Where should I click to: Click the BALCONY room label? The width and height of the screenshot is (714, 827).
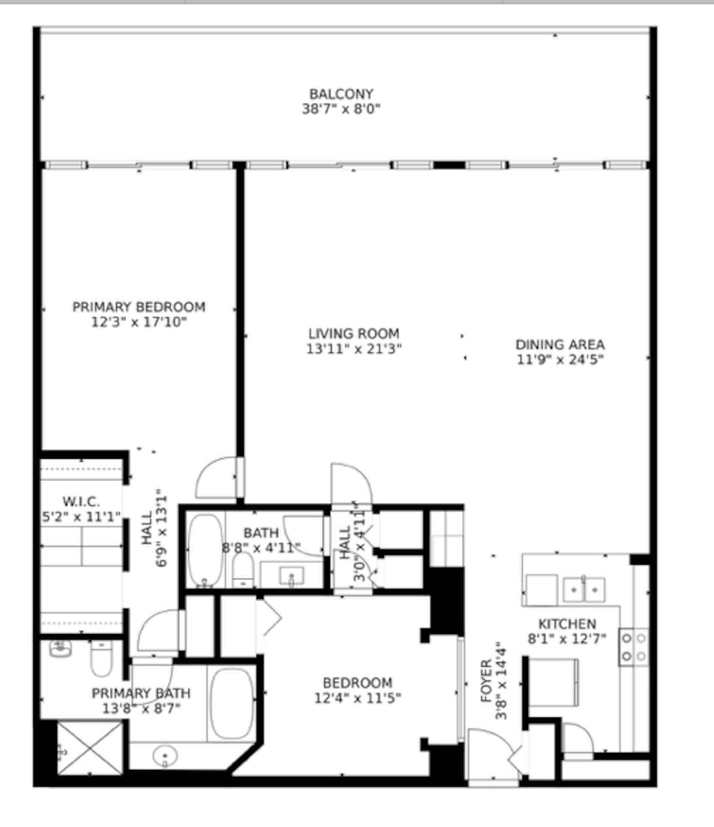point(341,94)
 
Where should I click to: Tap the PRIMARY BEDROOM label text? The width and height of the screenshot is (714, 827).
point(139,307)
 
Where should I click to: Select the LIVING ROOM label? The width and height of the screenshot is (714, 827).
point(354,334)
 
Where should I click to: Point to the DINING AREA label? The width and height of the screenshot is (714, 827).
point(560,345)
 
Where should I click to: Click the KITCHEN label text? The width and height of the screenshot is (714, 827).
point(567,624)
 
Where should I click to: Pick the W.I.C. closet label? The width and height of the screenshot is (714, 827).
point(81,501)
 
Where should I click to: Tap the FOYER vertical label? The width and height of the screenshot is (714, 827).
point(486,680)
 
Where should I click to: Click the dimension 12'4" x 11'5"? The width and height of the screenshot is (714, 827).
point(357,698)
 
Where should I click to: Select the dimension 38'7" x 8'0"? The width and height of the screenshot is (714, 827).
point(341,109)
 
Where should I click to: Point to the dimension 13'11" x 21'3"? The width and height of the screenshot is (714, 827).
point(354,349)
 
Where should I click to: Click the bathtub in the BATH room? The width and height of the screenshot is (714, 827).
point(206,551)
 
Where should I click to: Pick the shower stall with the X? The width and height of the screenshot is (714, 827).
point(90,748)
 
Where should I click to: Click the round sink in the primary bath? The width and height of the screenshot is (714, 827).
point(165,757)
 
